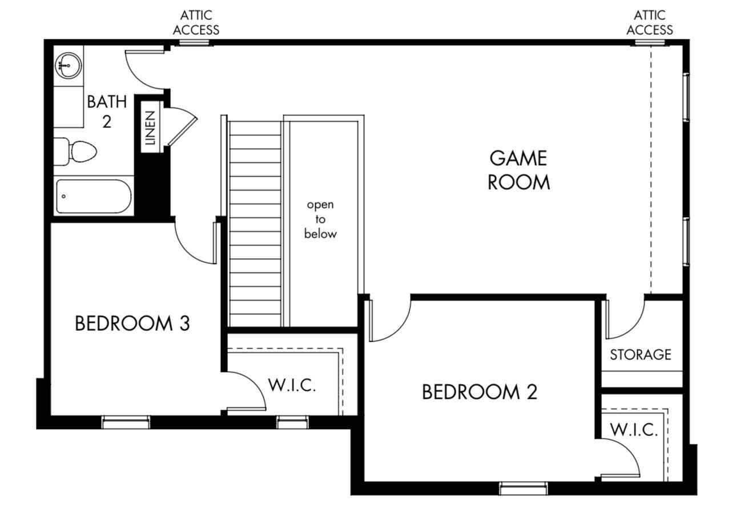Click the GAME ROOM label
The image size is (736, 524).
click(x=518, y=170)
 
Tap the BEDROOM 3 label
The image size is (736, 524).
click(x=132, y=323)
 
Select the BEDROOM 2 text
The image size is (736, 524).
click(x=479, y=392)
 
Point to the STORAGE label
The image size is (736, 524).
click(x=640, y=355)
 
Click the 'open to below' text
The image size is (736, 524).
click(x=320, y=219)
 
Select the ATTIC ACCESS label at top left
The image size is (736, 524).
click(x=196, y=22)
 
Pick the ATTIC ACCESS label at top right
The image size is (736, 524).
click(x=649, y=22)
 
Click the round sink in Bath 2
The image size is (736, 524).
click(x=68, y=65)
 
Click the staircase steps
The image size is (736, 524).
click(x=255, y=223)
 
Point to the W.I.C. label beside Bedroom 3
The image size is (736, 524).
click(x=291, y=385)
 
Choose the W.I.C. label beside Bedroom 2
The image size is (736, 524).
click(x=633, y=430)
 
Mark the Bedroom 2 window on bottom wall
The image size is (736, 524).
click(x=523, y=488)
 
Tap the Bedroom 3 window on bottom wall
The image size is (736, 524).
click(x=126, y=422)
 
